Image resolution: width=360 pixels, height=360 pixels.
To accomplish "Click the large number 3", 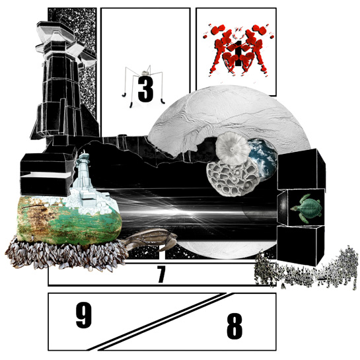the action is [145, 90].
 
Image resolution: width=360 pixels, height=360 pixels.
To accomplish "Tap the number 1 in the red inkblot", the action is [238, 54].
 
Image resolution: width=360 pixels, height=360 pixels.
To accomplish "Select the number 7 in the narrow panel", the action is [161, 274].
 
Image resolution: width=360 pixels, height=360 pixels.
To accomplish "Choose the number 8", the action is [234, 326].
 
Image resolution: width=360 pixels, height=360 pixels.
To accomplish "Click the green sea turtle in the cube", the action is [306, 208].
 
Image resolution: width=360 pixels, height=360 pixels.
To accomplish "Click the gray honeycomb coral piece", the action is [232, 178].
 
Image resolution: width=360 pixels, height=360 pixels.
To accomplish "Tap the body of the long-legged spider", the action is [145, 73].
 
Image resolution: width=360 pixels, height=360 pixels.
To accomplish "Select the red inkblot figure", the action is [238, 50].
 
